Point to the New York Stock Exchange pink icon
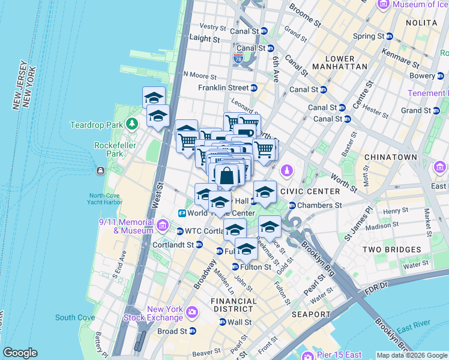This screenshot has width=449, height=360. pos(192,311)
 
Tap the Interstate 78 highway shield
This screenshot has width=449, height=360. pos(238,59)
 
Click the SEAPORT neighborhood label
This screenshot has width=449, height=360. pos(311,314)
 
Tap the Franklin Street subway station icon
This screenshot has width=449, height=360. pos(254,88)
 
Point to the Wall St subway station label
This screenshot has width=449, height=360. pos(239,322)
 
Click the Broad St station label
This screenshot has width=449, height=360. pos(172,331)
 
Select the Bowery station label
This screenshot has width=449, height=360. pos(422,76)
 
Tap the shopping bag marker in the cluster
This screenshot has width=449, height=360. pos(227,176)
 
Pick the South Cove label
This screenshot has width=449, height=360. pos(75,317)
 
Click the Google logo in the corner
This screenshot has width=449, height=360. pos(20,353)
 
